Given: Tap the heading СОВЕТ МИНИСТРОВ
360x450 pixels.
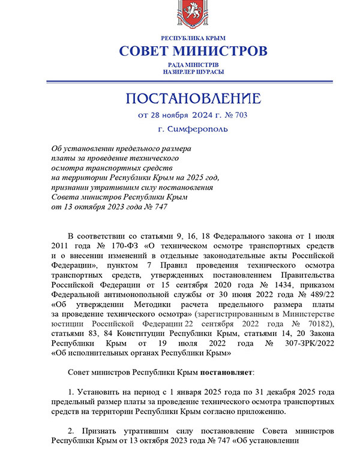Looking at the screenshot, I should [x=192, y=50].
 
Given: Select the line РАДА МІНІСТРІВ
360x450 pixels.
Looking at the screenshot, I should [x=193, y=64].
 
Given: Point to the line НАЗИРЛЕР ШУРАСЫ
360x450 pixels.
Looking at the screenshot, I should [x=193, y=71].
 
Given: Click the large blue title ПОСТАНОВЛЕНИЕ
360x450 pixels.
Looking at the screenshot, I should [x=193, y=98].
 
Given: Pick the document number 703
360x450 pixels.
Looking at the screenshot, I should [x=238, y=114].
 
